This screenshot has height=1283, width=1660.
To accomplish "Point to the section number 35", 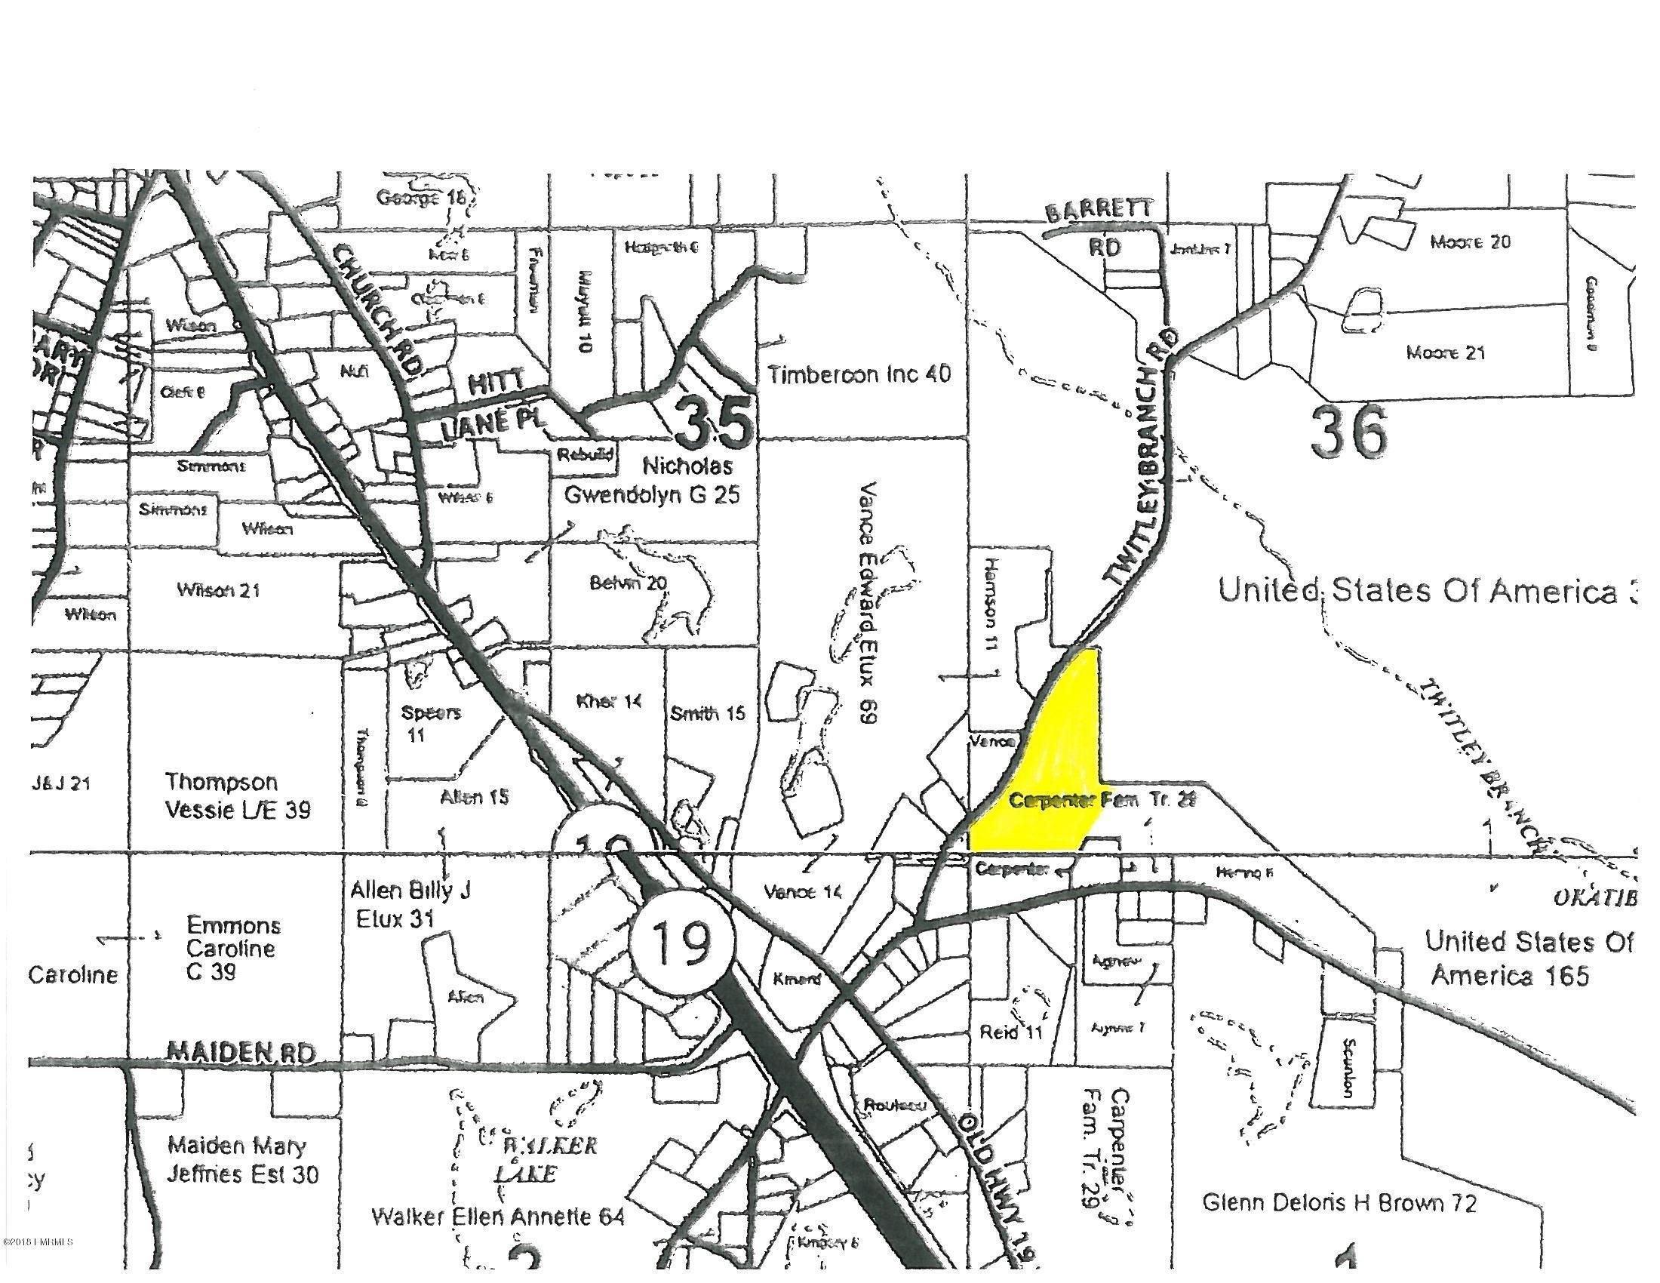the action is coord(714,423).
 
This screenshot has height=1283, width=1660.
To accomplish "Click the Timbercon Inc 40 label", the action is coord(859,374).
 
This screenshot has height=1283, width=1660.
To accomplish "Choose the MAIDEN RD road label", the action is coord(240,1053).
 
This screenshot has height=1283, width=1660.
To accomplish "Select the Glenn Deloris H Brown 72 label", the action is coord(1339,1203).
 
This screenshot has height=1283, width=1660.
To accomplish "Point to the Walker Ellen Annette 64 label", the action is coord(498,1217).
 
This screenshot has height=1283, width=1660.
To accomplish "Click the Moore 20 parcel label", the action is coord(1470,242).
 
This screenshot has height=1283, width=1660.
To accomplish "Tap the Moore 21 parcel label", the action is coord(1445,352).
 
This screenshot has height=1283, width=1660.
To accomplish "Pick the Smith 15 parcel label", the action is coord(708,714).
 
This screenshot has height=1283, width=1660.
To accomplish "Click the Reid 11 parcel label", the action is coord(1011,1032).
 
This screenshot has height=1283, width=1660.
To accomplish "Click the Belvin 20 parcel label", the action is coord(628,583).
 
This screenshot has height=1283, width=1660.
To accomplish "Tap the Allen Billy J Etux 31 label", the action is coord(410,904).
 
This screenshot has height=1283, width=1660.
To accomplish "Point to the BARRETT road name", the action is coord(1099,211).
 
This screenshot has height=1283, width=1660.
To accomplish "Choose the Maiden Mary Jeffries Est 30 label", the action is coord(242,1159).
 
